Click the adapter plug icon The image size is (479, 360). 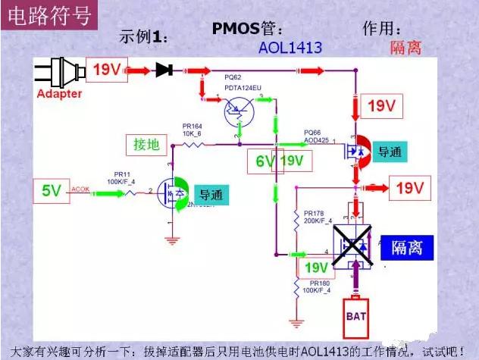click(57, 71)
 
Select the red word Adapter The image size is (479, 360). click(58, 94)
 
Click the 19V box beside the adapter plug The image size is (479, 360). click(107, 70)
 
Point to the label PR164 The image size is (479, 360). click(193, 125)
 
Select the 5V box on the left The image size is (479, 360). click(51, 191)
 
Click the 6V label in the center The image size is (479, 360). click(261, 161)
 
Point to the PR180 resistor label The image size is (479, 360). click(315, 287)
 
